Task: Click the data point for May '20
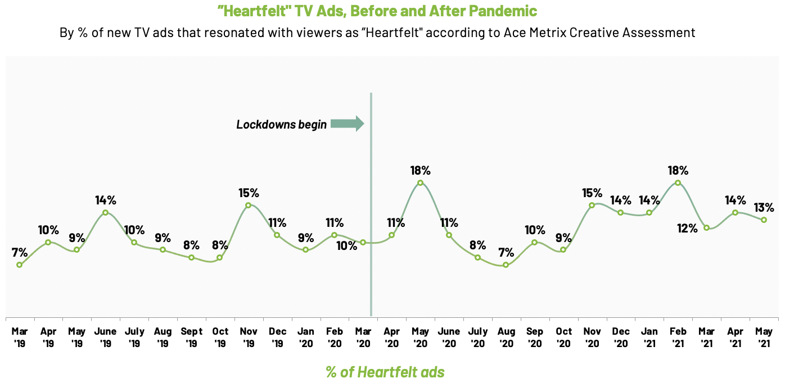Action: [x=420, y=183]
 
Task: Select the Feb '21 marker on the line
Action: [x=678, y=183]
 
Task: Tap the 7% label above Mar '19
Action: [x=20, y=252]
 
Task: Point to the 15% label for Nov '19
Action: [x=249, y=193]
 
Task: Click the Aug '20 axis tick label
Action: [x=506, y=336]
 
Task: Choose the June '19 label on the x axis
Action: [x=105, y=336]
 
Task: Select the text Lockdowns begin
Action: [x=281, y=125]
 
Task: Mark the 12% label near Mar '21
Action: [x=687, y=228]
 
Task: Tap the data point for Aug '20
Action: [x=506, y=265]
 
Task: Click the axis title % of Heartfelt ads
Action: [x=385, y=372]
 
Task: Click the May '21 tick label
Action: [x=764, y=336]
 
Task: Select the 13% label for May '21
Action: [x=764, y=207]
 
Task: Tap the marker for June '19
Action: [x=105, y=212]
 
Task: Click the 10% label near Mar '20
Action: [x=346, y=245]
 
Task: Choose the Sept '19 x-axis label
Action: [x=191, y=336]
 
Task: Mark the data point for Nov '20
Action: [x=592, y=205]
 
